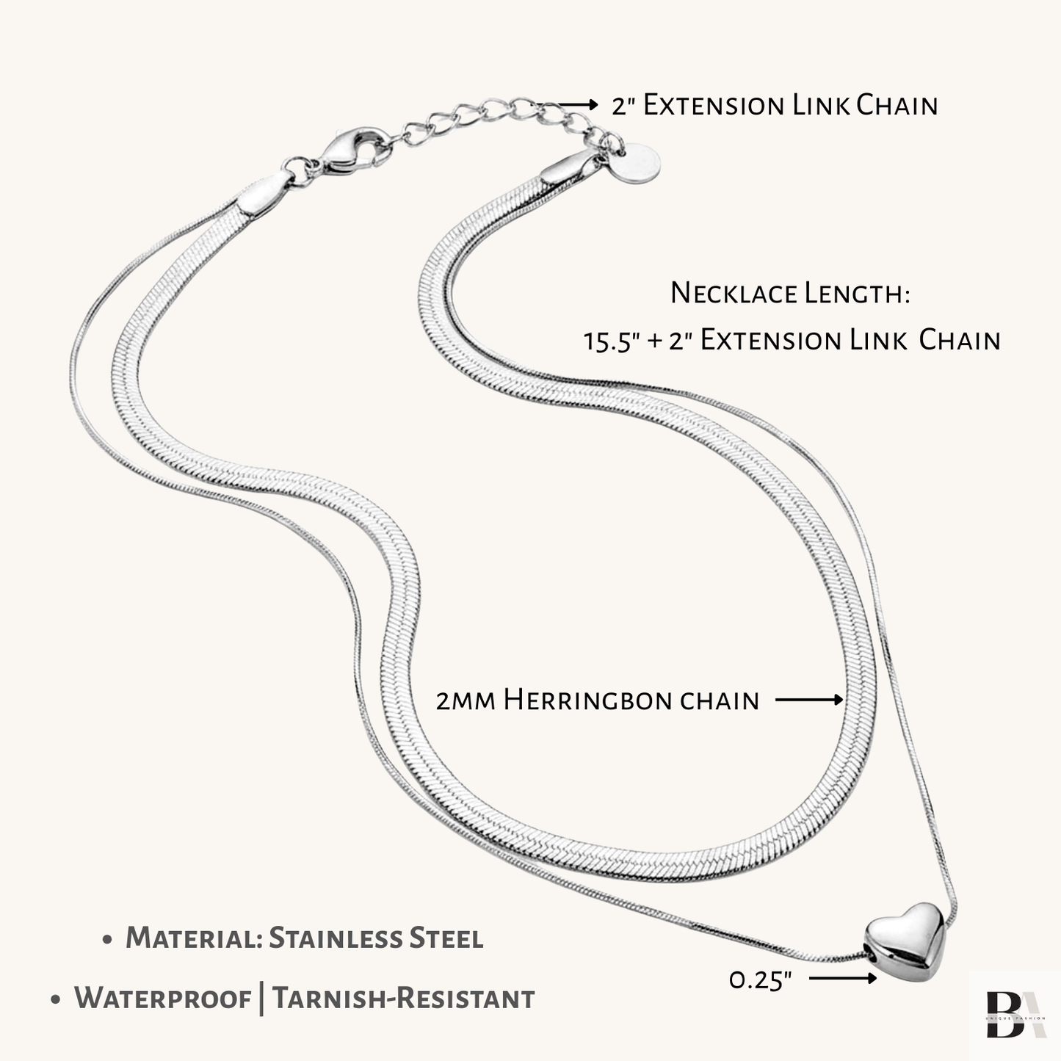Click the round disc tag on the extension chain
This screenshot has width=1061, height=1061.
(x=637, y=164)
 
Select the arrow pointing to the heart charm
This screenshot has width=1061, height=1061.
(x=842, y=978)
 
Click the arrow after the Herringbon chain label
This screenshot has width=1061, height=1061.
(x=809, y=700)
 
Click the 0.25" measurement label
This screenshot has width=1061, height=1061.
(x=761, y=979)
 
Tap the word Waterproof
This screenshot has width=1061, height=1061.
(x=163, y=999)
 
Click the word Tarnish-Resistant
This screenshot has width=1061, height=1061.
(x=403, y=999)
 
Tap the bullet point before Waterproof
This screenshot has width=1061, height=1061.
(x=56, y=1001)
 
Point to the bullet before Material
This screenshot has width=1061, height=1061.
(x=108, y=941)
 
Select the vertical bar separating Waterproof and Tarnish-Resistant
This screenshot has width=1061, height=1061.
(x=262, y=999)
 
